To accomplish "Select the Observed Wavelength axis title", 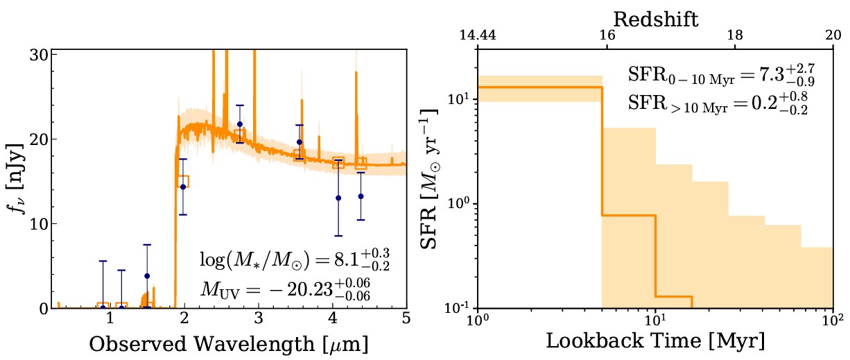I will [x=229, y=343].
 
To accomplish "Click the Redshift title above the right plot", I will [x=655, y=19].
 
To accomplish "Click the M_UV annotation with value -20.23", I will [x=284, y=290].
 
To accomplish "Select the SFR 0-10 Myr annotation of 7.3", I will [x=718, y=75].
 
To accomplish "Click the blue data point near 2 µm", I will [x=183, y=187].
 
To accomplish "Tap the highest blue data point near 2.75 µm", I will [x=240, y=124].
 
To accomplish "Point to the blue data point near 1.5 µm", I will [x=146, y=276].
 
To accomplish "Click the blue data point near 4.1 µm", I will [x=338, y=198].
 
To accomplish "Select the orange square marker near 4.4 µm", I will [x=361, y=164].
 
